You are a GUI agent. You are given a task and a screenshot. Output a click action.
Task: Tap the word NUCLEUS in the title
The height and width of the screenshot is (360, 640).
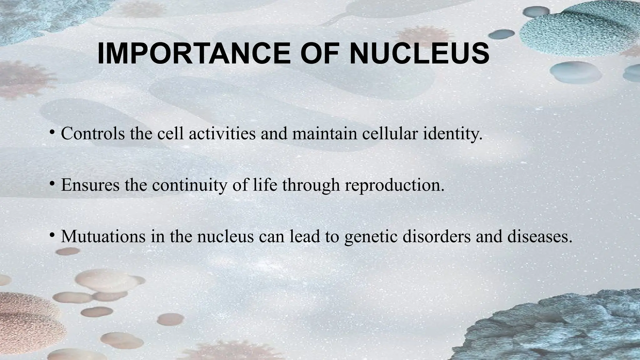(419, 54)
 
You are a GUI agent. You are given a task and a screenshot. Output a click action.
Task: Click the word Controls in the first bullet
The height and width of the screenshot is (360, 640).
(92, 133)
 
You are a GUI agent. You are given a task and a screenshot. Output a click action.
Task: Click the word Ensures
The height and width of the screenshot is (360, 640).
(90, 185)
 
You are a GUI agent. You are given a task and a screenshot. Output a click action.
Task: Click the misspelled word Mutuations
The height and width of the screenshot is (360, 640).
(103, 237)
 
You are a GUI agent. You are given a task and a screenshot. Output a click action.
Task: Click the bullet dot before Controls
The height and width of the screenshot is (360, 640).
(52, 132)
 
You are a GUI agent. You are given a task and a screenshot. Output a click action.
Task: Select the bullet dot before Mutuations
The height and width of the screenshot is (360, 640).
(52, 235)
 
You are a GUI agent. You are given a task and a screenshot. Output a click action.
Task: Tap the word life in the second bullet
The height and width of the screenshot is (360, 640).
(264, 185)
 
